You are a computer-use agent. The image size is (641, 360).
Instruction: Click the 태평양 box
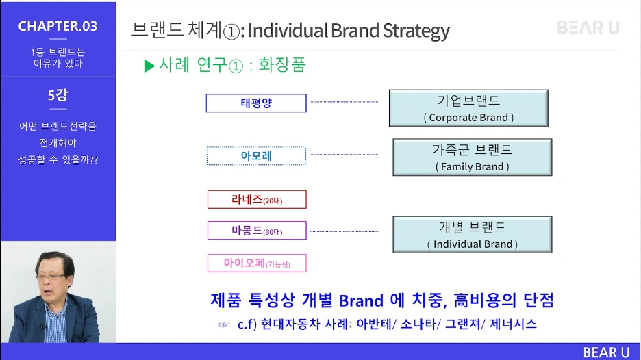256,103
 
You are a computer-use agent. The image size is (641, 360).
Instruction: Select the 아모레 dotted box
256,156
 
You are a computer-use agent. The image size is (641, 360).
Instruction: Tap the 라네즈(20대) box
256,200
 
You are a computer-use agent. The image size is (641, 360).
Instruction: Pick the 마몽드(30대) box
256,231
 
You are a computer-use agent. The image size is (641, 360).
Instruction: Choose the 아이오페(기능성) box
256,263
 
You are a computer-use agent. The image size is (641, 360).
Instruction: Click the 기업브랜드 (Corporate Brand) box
468,108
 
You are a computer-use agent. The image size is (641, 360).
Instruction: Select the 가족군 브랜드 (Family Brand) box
473,157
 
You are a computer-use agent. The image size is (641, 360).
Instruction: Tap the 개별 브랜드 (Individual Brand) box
473,235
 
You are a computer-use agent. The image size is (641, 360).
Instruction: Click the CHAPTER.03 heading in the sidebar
58,27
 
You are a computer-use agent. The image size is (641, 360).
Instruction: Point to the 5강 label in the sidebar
58,96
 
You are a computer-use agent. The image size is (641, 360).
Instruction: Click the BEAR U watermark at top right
588,28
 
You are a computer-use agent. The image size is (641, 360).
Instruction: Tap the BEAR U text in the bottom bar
605,352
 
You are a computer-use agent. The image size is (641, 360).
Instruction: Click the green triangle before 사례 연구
150,66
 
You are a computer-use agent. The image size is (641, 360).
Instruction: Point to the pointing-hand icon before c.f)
223,325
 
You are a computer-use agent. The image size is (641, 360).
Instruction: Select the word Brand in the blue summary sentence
362,300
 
